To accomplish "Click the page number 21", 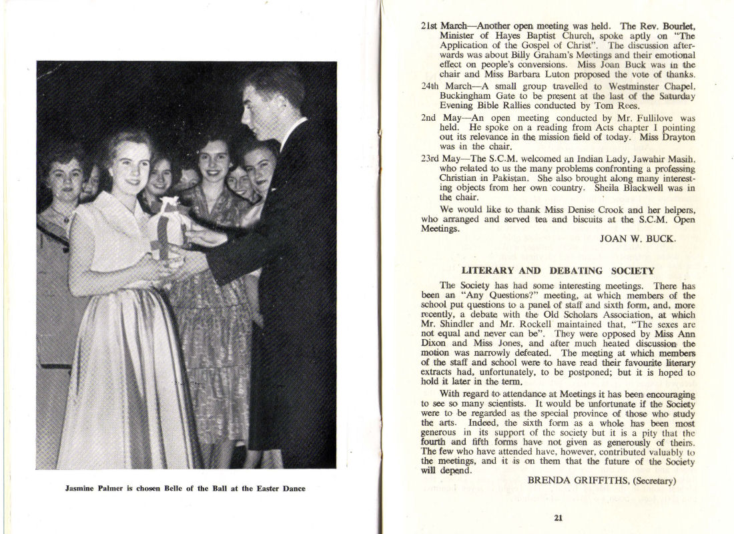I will click(x=558, y=516).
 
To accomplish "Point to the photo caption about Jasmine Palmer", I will click(x=185, y=489).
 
